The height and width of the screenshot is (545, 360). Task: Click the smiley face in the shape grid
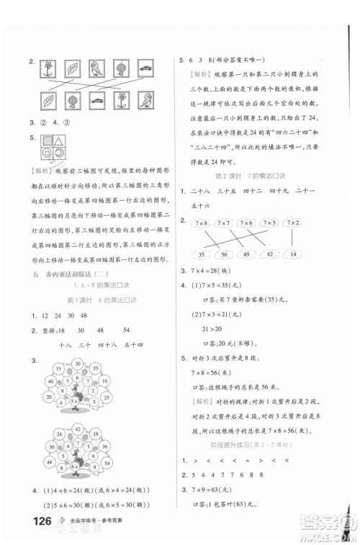(x=47, y=154)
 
